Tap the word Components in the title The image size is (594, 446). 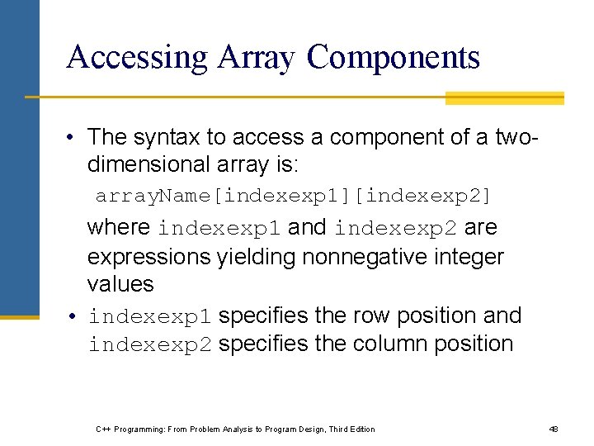pos(394,57)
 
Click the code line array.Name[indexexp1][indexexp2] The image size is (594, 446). pos(293,197)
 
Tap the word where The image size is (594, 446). pos(119,227)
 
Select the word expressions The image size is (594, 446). pos(148,257)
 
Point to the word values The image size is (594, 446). pos(120,284)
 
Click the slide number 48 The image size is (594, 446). pos(554,429)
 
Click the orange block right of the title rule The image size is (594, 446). pos(504,98)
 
